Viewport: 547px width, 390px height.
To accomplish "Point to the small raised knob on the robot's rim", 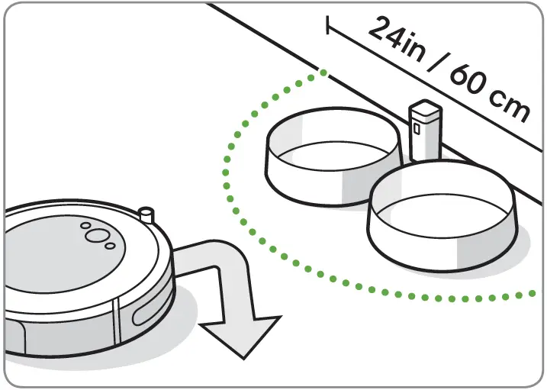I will [147, 212].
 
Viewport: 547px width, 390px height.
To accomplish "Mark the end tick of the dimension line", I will [329, 25].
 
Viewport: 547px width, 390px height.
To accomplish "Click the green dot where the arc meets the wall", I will [325, 73].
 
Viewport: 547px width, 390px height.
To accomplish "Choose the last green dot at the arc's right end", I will [533, 293].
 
